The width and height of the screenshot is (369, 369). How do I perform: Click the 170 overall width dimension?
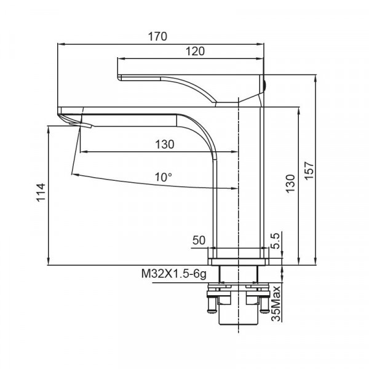click(x=157, y=36)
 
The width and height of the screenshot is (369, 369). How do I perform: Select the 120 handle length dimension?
click(x=195, y=52)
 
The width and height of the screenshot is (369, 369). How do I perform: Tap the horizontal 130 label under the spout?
click(x=164, y=145)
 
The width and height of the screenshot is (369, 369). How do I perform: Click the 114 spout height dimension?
click(x=41, y=194)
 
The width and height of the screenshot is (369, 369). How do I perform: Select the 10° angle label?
click(x=163, y=177)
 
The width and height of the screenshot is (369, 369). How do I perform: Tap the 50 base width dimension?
click(x=198, y=240)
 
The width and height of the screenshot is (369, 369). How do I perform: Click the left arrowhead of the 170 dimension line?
click(x=59, y=44)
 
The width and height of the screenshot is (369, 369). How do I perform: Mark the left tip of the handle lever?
click(x=118, y=77)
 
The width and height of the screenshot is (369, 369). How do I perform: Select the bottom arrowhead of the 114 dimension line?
click(x=48, y=263)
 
